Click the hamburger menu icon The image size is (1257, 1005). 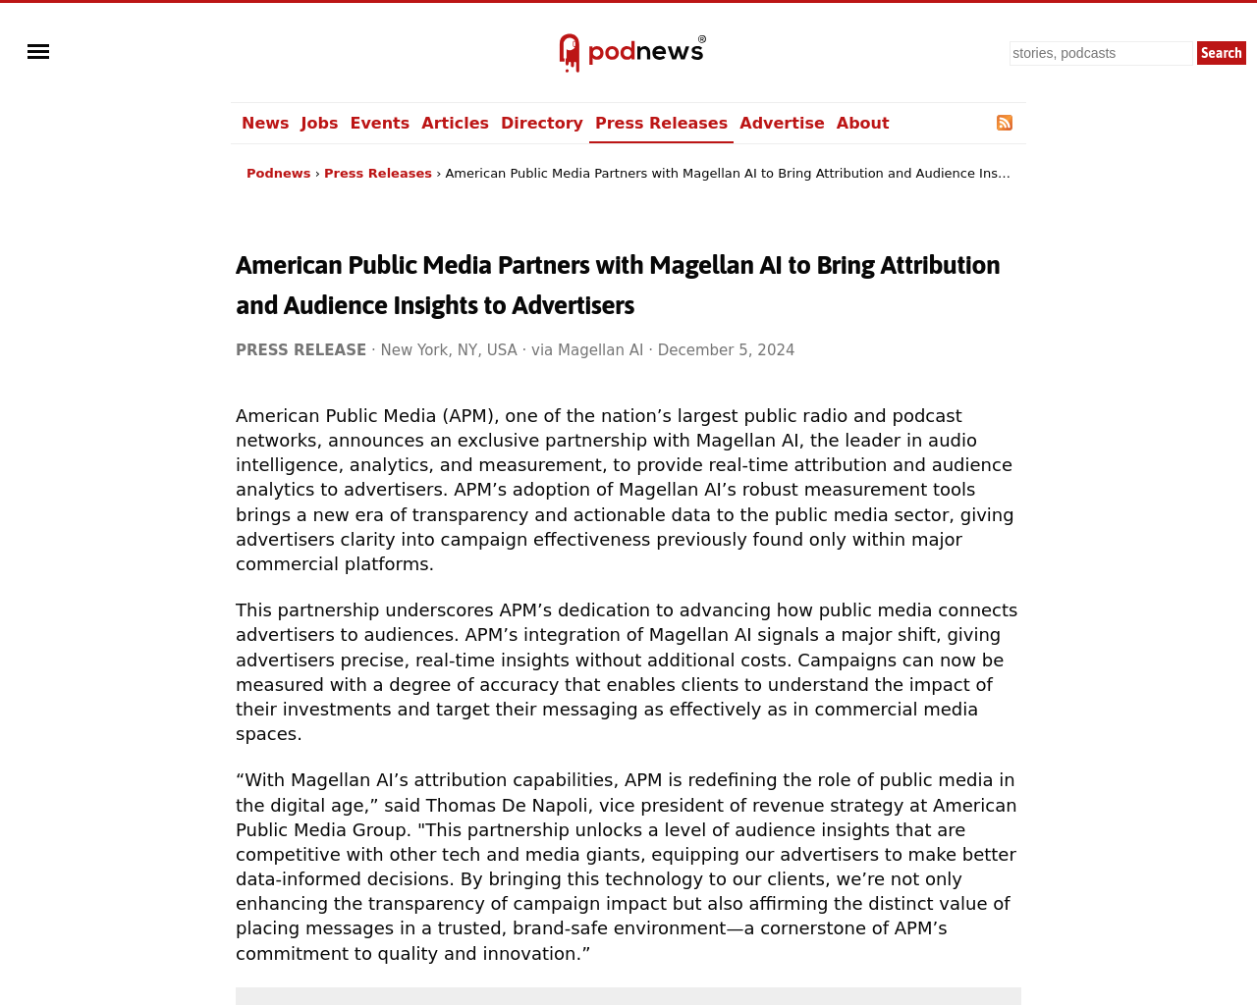pyautogui.click(x=38, y=52)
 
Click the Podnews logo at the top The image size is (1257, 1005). pyautogui.click(x=631, y=53)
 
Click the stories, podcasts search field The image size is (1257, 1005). pyautogui.click(x=1100, y=53)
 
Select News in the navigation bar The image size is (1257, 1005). pyautogui.click(x=265, y=124)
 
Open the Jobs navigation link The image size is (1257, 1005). pyautogui.click(x=319, y=124)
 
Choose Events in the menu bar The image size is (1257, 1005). pyautogui.click(x=379, y=124)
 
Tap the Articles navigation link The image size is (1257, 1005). pyautogui.click(x=455, y=124)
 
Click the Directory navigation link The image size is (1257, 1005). pyautogui.click(x=541, y=124)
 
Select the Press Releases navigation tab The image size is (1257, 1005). pyautogui.click(x=661, y=124)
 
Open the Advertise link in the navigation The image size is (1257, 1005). pyautogui.click(x=782, y=124)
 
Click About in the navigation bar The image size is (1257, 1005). pyautogui.click(x=862, y=124)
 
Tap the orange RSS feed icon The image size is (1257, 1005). pyautogui.click(x=1005, y=123)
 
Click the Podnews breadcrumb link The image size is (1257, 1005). pyautogui.click(x=278, y=174)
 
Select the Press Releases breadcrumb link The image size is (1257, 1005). pyautogui.click(x=377, y=174)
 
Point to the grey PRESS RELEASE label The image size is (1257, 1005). pyautogui.click(x=301, y=350)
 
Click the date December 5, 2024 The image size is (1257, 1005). pyautogui.click(x=726, y=350)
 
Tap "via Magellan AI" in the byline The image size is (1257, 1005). pyautogui.click(x=587, y=350)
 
